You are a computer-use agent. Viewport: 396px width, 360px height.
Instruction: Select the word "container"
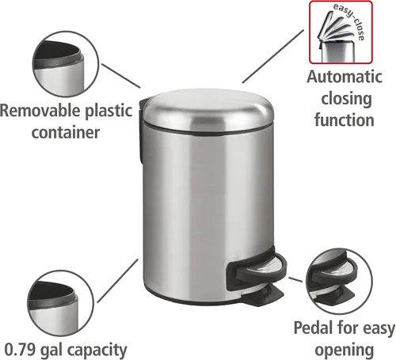tap(66, 132)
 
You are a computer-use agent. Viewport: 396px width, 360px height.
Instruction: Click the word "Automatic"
tap(345, 77)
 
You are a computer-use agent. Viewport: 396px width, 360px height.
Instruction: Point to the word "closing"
tap(346, 99)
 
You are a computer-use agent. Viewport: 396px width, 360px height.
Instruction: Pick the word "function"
tap(345, 120)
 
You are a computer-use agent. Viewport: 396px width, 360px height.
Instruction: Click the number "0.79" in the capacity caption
tap(20, 350)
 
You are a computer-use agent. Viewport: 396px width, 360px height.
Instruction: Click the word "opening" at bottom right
tap(345, 351)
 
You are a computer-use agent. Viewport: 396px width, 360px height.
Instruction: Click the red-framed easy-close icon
tap(341, 32)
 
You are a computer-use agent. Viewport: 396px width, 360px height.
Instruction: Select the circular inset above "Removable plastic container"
tap(66, 64)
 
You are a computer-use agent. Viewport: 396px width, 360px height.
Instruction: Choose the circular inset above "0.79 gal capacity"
tap(60, 303)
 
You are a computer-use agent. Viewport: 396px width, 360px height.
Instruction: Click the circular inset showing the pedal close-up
tap(339, 281)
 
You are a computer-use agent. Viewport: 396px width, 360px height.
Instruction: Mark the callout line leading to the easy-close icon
tap(273, 56)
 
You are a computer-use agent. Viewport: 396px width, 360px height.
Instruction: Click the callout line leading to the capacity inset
tap(118, 281)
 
